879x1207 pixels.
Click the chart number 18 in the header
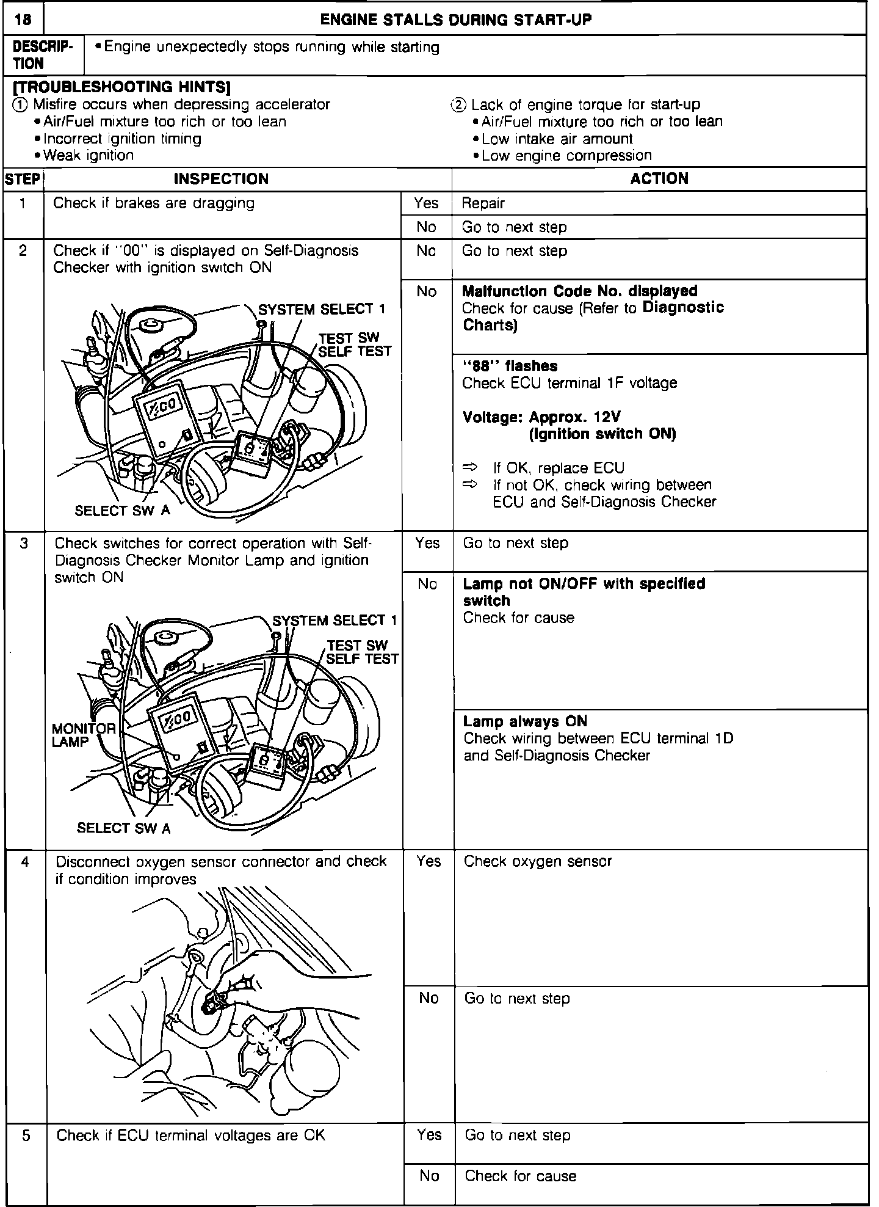point(23,20)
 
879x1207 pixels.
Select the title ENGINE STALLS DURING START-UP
point(455,20)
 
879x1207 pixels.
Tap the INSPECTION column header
point(221,179)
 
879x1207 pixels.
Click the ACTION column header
point(659,178)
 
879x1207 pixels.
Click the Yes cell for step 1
point(426,203)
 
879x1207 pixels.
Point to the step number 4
point(25,862)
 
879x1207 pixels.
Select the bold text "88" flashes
point(510,366)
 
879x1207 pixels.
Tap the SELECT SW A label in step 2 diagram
point(123,511)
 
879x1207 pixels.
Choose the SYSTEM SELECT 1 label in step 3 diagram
point(335,621)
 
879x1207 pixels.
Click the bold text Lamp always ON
point(525,721)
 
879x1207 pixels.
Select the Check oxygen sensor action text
point(538,861)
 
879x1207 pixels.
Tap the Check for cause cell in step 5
point(521,1176)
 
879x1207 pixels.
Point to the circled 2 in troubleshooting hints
point(458,104)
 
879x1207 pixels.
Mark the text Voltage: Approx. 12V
point(541,417)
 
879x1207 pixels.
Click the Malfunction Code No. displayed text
point(580,291)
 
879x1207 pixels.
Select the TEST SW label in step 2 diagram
point(349,338)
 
